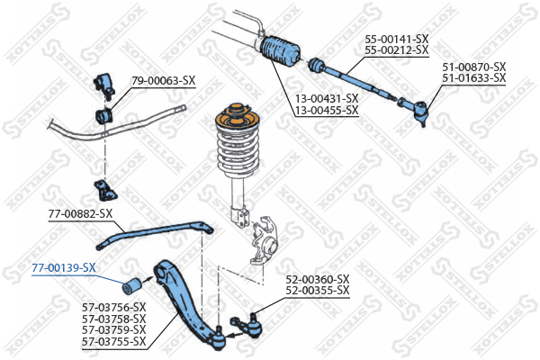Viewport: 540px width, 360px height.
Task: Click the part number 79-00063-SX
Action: [163, 80]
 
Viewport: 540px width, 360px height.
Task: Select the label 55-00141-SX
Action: [396, 40]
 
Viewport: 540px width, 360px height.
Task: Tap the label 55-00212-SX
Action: [396, 51]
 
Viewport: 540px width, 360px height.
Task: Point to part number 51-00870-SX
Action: [473, 67]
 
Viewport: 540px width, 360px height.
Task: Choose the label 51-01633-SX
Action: [473, 78]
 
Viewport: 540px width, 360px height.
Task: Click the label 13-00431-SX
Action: [327, 98]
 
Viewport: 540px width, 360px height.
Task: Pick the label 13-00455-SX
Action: [327, 110]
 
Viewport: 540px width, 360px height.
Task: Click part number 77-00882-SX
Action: [80, 213]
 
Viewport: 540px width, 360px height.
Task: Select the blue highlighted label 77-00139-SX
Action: [63, 267]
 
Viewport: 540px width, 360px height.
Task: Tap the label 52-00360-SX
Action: [318, 278]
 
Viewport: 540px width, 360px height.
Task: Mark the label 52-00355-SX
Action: [318, 290]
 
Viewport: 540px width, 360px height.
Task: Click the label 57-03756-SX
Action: [113, 307]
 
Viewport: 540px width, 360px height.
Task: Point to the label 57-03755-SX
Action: [113, 342]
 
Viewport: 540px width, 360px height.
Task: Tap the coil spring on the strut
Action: [236, 145]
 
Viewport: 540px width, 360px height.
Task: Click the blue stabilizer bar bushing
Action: [104, 116]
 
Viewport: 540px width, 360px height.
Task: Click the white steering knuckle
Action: [267, 238]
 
